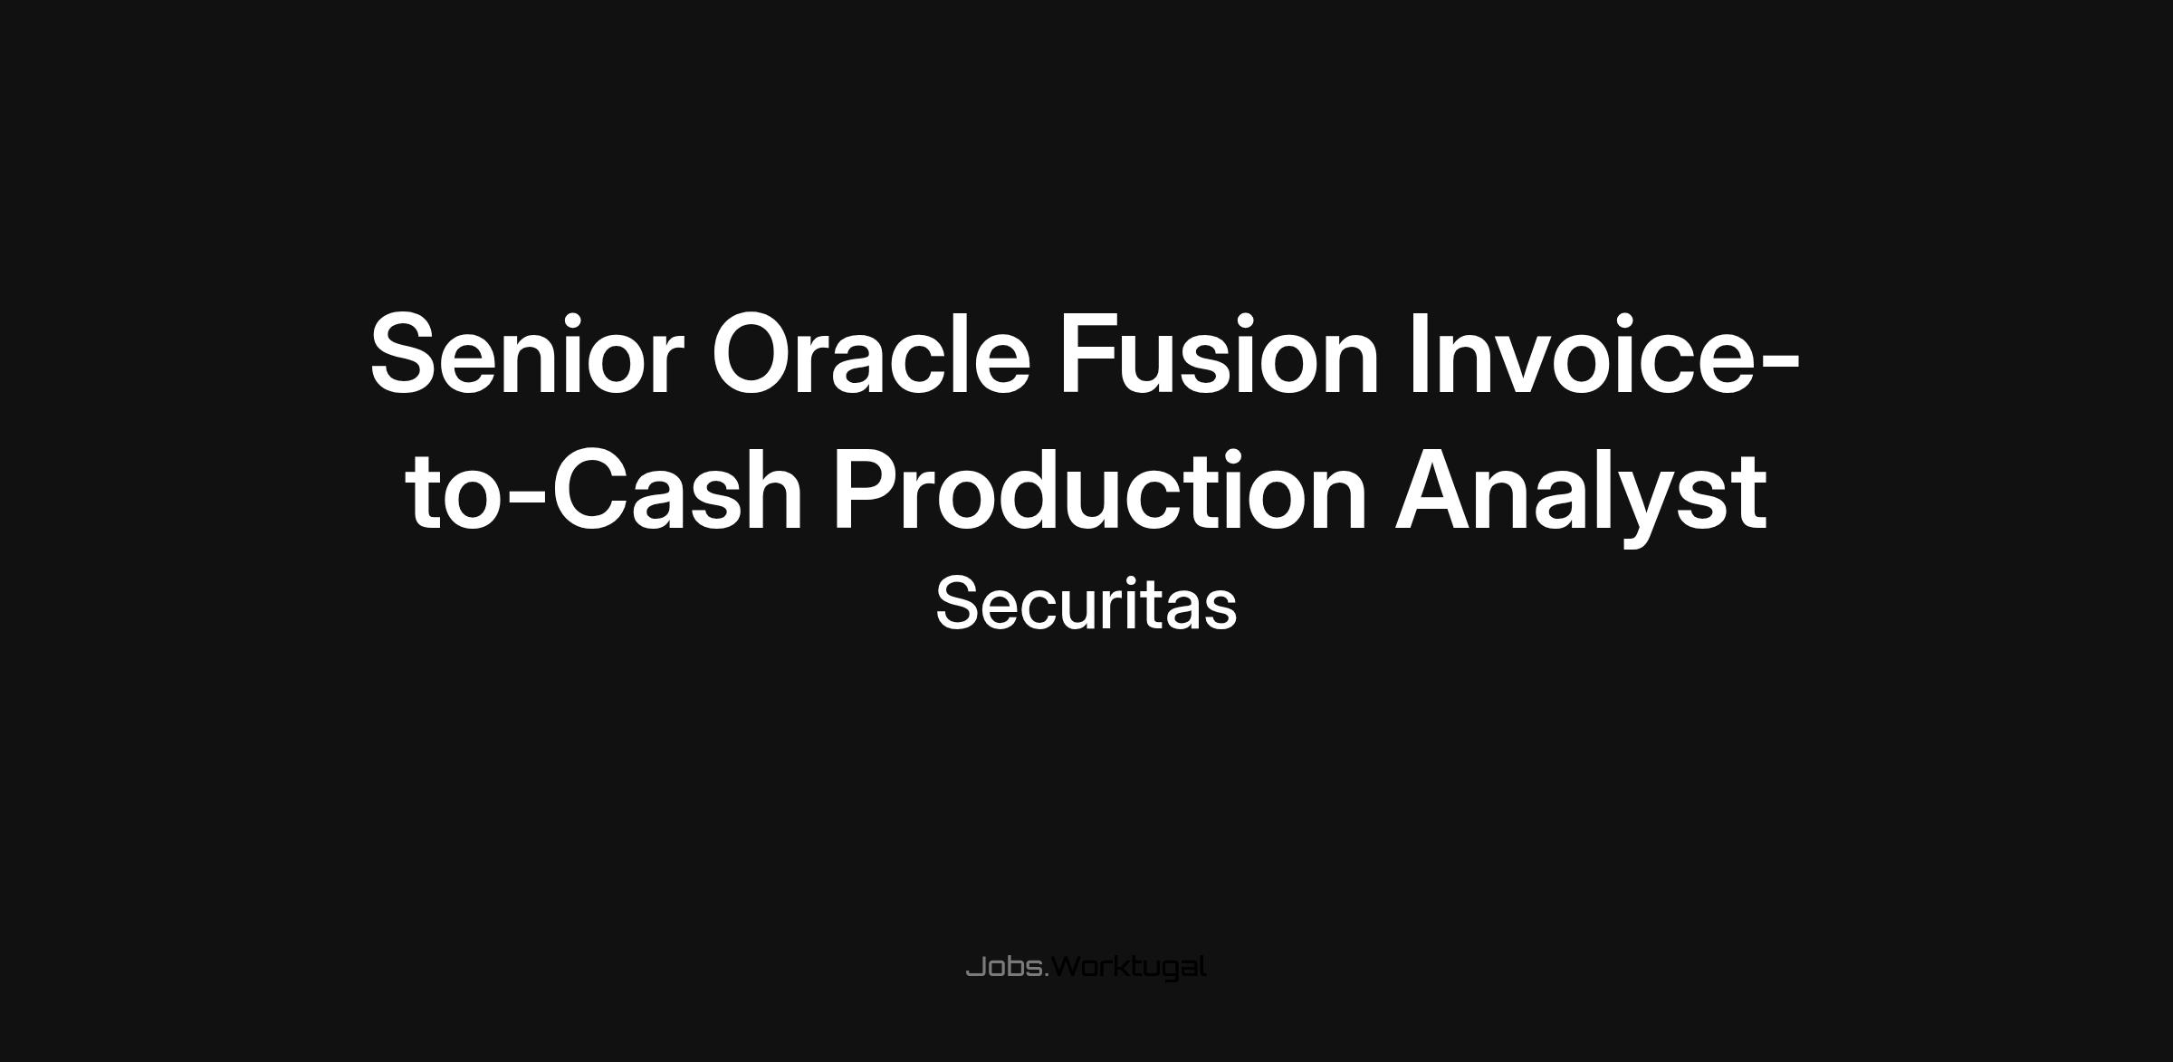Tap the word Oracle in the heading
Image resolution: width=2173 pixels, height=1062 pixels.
coord(871,353)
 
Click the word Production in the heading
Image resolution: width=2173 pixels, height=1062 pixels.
coord(1099,490)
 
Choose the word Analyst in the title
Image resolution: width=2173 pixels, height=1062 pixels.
coord(1581,497)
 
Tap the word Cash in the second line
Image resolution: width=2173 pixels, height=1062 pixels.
coord(677,490)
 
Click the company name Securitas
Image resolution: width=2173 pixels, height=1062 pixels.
coord(1086,604)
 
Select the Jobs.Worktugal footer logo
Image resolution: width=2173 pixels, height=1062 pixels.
coord(1086,968)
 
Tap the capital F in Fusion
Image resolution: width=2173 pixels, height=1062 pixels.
coord(1090,354)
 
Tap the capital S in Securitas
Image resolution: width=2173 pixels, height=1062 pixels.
coord(958,604)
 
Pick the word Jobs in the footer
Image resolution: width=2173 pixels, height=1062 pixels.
coord(1004,967)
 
